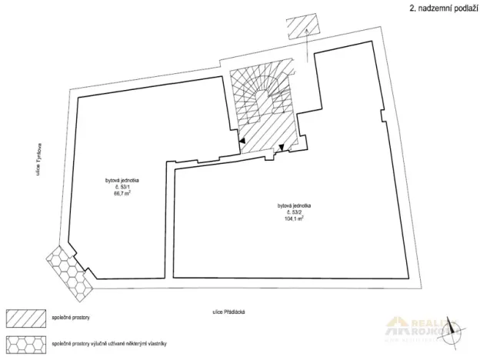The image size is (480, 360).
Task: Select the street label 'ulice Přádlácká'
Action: coord(235,312)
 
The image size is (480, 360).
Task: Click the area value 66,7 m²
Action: coord(121,194)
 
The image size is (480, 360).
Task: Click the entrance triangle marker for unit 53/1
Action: coord(243,142)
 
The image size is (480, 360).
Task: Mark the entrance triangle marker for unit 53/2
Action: coord(282,147)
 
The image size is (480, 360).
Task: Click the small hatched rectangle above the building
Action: coord(298,25)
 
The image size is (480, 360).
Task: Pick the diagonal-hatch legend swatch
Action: coord(25,318)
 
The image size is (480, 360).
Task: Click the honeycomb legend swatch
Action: coord(25,341)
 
